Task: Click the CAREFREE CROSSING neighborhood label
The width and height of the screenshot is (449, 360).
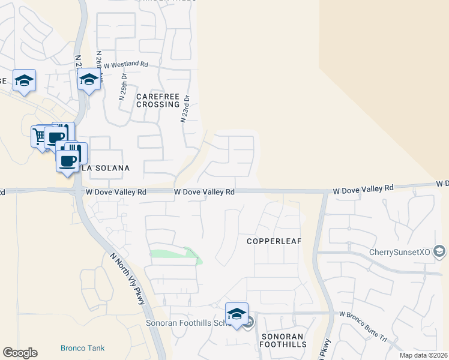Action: [x=158, y=100]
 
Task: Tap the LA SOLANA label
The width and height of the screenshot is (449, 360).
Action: [x=106, y=168]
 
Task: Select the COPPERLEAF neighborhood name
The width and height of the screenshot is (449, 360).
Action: [x=273, y=241]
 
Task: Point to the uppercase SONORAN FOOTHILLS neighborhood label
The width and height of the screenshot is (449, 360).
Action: [x=283, y=340]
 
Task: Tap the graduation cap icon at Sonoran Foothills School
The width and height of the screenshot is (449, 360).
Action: [x=237, y=314]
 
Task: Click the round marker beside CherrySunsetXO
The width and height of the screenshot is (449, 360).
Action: [x=439, y=251]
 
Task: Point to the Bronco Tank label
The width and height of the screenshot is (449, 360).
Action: [x=82, y=348]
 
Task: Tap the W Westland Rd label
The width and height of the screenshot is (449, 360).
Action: [x=125, y=64]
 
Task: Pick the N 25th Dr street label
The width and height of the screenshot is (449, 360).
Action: [x=122, y=87]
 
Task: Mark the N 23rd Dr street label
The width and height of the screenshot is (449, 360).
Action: [x=186, y=108]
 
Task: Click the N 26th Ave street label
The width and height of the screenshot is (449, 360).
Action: [x=100, y=71]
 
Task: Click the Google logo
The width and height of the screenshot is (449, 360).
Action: [x=20, y=353]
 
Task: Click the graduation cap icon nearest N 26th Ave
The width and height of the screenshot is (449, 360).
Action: [x=89, y=79]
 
